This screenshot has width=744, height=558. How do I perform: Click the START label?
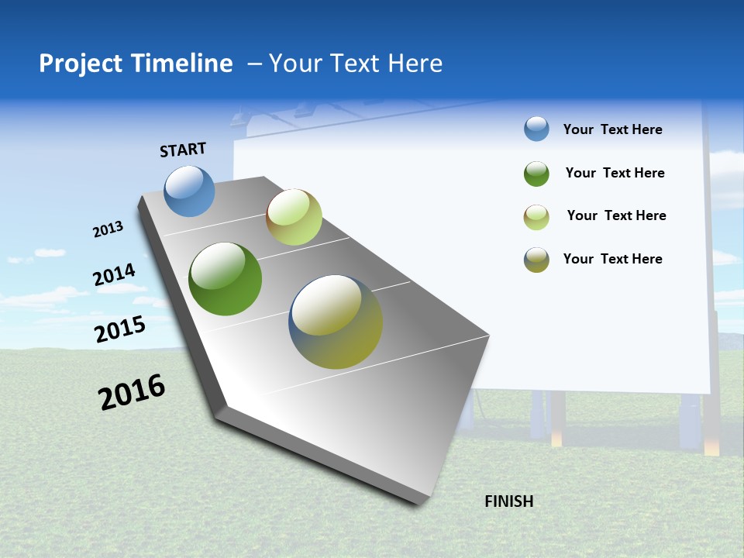coord(183,150)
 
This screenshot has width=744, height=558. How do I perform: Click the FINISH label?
coord(508,501)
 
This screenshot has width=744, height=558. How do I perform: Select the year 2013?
coord(108,229)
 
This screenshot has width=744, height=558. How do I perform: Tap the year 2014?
coord(114,274)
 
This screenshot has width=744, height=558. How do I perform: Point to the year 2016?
coord(132,392)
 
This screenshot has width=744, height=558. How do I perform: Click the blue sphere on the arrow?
coord(189,191)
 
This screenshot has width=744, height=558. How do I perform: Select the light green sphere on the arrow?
coord(294,217)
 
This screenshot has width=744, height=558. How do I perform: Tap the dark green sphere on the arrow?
coord(225,279)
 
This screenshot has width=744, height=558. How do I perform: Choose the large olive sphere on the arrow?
coord(336,322)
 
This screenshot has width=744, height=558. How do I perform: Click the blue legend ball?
coord(536,129)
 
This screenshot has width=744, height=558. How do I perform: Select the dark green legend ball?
coord(536,174)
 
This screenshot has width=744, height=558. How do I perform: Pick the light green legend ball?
coord(536,217)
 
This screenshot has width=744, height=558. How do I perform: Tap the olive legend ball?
coord(536,260)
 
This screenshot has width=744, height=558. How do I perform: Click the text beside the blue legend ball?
coord(612,129)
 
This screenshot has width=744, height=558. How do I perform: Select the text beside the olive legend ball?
coord(612,259)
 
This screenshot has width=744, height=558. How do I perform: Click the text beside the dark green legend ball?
coord(615,173)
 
